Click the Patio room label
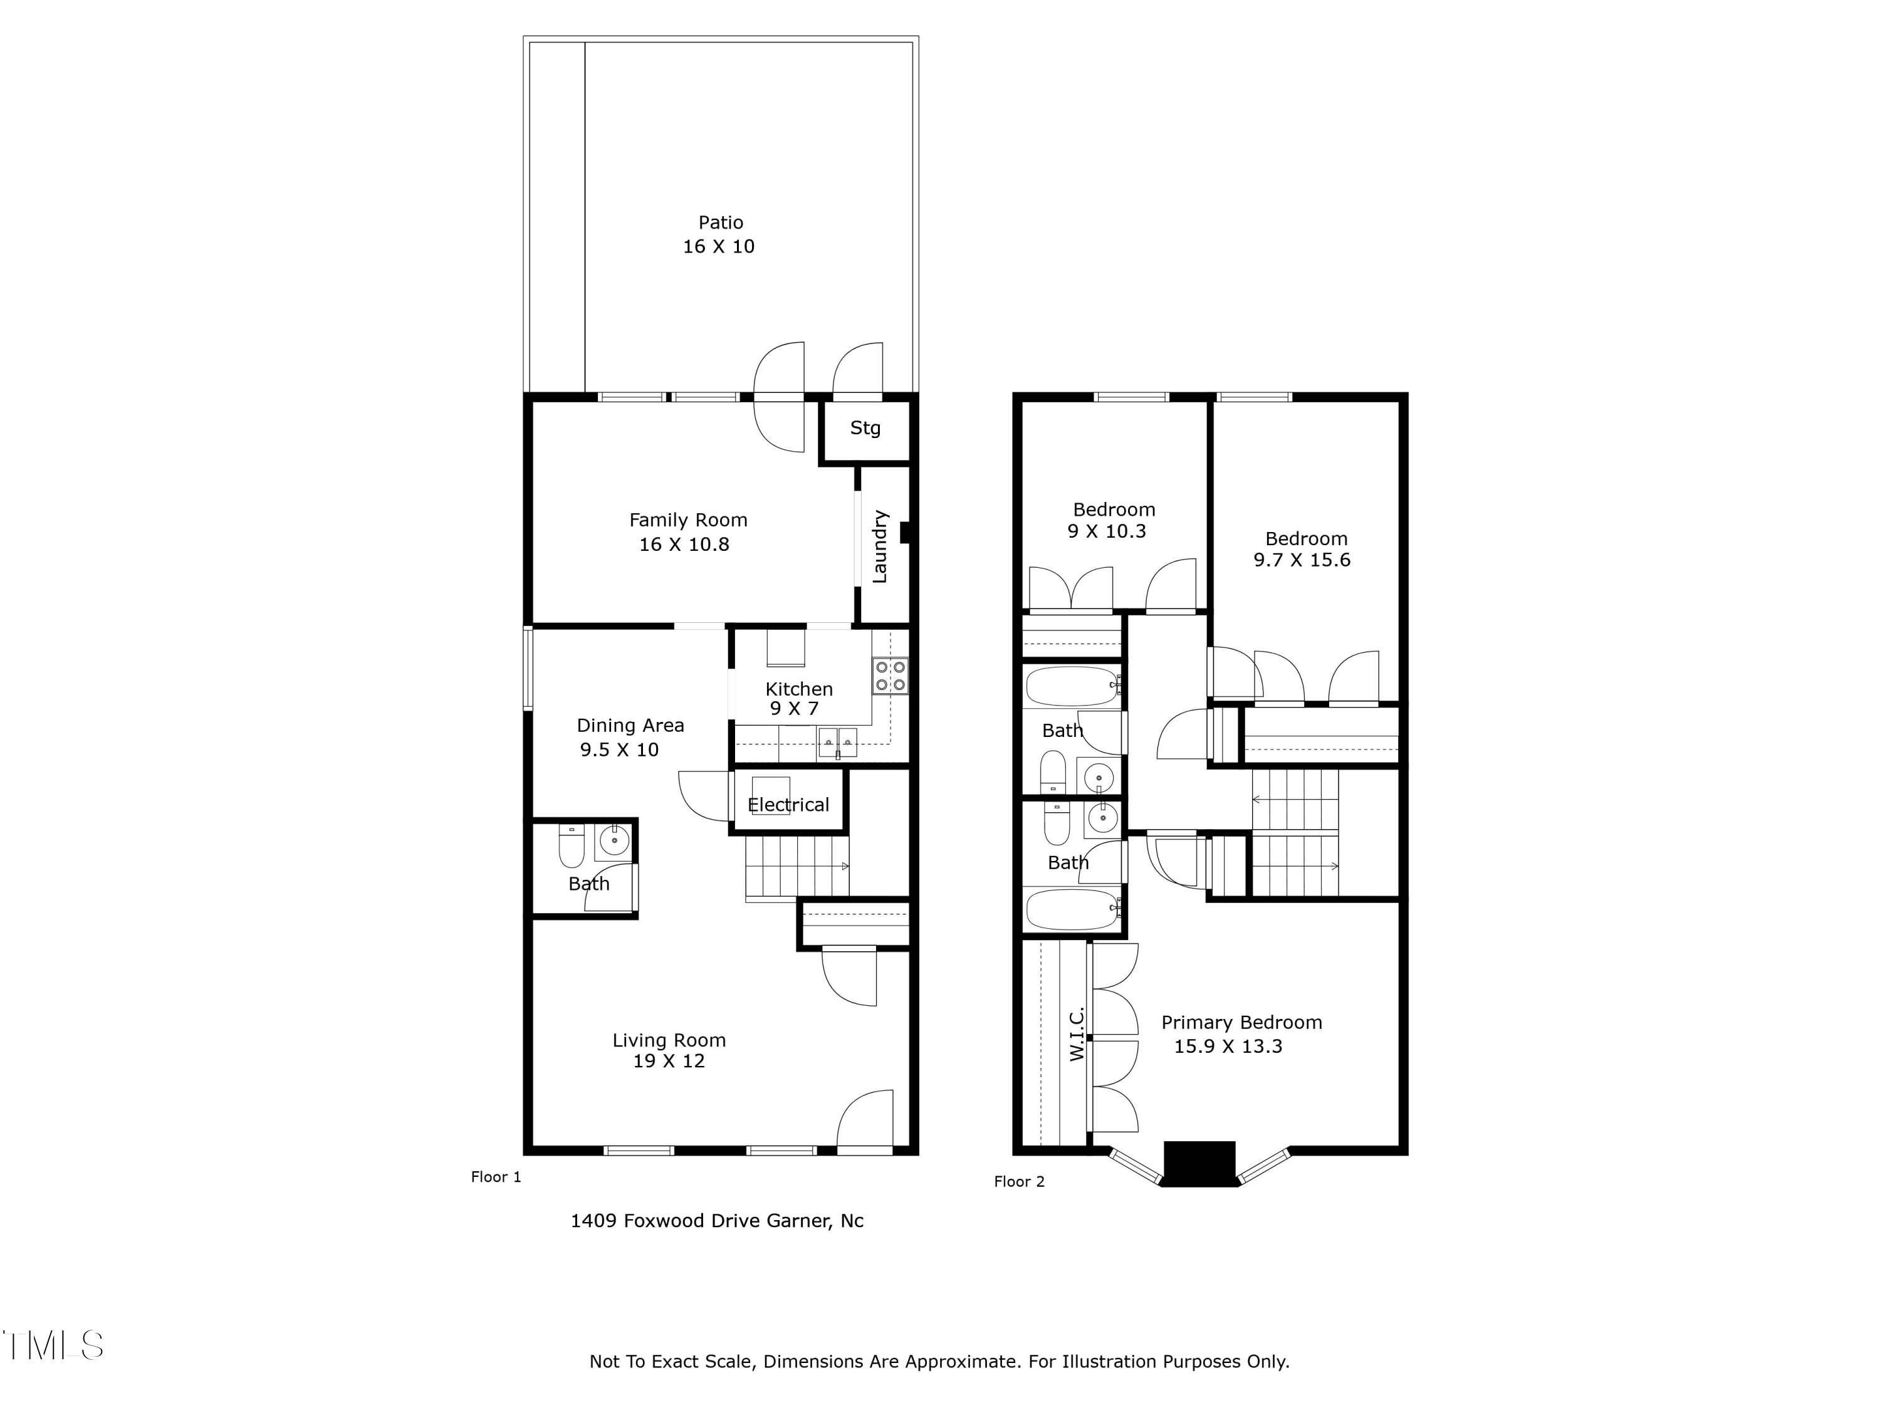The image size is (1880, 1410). click(720, 222)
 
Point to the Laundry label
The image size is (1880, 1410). click(880, 546)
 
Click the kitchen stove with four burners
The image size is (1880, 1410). click(889, 676)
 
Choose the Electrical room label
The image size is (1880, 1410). click(788, 805)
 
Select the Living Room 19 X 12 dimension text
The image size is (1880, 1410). click(668, 1062)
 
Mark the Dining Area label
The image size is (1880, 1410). click(630, 726)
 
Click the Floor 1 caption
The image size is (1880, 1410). click(496, 1177)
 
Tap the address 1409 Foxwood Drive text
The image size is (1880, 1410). click(716, 1221)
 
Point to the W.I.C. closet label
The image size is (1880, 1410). click(1076, 1035)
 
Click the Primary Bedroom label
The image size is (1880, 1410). click(1241, 1023)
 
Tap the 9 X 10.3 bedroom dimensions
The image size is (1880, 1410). click(1107, 532)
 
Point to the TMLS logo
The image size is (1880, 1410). click(53, 1345)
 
